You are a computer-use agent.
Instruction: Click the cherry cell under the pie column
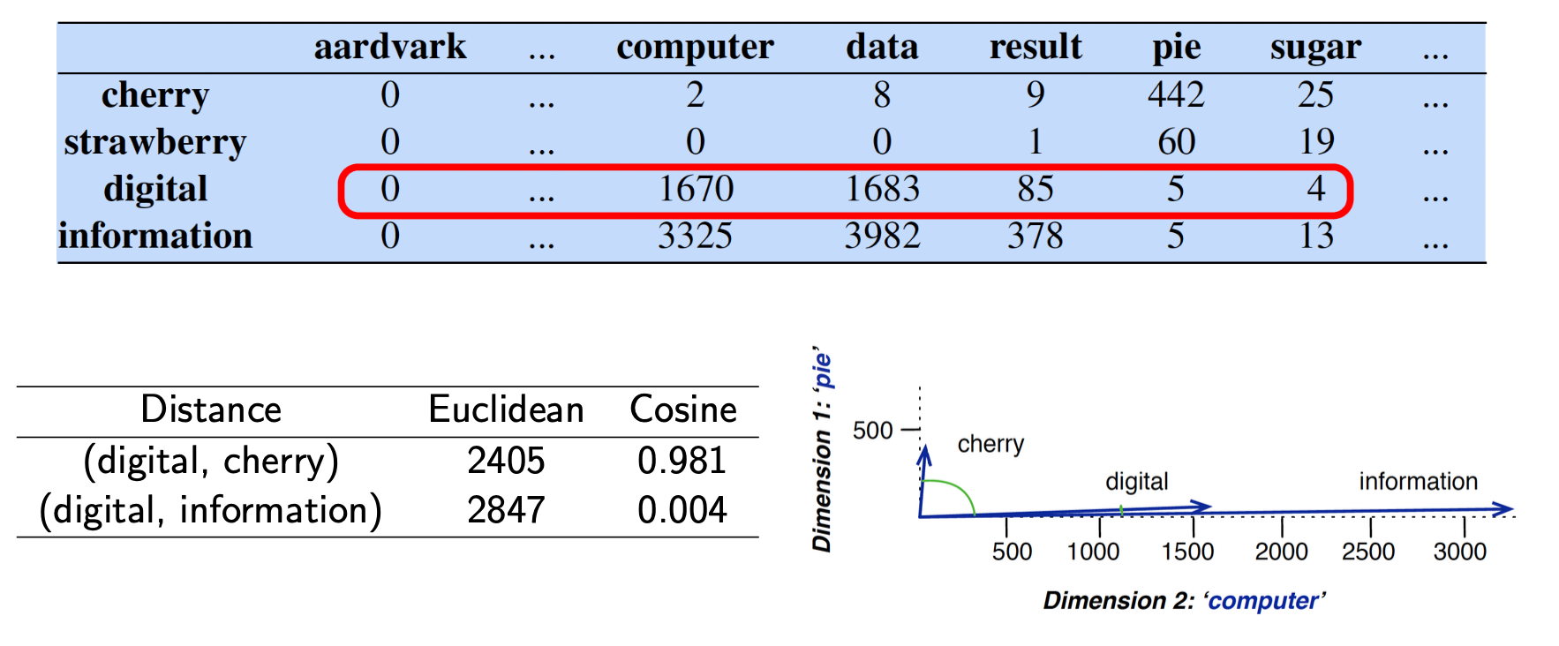click(x=1176, y=94)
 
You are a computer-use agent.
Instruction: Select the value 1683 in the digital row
click(x=882, y=189)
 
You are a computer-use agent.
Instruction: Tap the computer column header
click(x=695, y=47)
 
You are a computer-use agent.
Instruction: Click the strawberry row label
click(x=154, y=142)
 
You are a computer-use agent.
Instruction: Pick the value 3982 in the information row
click(x=882, y=237)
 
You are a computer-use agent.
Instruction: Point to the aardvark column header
click(x=389, y=47)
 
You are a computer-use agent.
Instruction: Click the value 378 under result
click(x=1035, y=237)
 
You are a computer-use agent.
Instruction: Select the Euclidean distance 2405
click(x=506, y=461)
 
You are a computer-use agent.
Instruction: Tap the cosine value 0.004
click(x=682, y=510)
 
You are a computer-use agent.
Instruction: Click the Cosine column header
click(x=682, y=409)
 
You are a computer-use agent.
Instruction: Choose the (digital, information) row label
click(x=210, y=510)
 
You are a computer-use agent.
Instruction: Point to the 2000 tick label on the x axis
click(x=1281, y=552)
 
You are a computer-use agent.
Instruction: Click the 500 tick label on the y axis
click(x=872, y=431)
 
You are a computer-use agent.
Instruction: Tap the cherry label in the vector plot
click(x=990, y=443)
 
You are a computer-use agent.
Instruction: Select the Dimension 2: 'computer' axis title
click(x=1184, y=601)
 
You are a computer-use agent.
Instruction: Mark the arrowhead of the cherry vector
click(x=923, y=454)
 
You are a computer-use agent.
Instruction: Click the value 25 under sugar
click(x=1315, y=94)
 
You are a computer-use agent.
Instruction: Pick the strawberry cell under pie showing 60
click(x=1176, y=142)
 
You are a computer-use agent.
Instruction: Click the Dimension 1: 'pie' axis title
click(x=822, y=450)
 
